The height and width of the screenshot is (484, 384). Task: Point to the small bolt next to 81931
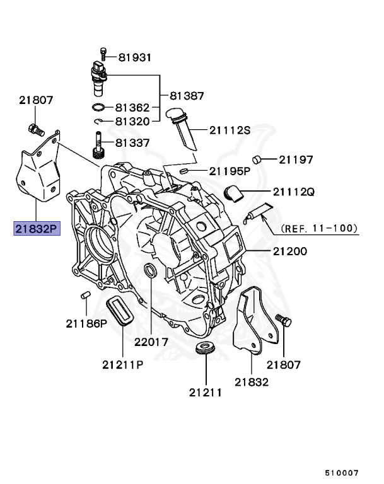(103, 55)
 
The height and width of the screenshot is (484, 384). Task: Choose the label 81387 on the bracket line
(187, 96)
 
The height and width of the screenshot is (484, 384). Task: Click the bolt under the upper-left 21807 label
(35, 130)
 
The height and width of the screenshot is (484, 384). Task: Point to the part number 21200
(289, 251)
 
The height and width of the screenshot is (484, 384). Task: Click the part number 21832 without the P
(252, 381)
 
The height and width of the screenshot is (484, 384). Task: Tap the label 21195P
(230, 170)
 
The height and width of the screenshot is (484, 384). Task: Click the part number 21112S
(230, 130)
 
